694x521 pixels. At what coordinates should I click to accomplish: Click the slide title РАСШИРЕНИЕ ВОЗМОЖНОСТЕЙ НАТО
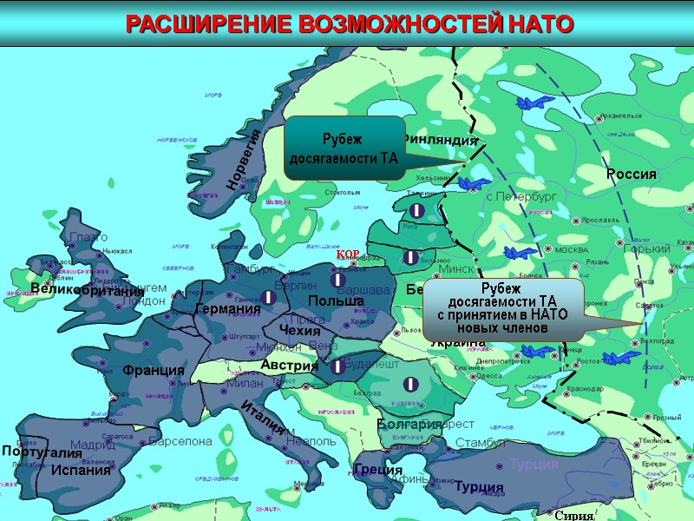(x=350, y=23)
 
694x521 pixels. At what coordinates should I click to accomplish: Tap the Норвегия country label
(x=244, y=159)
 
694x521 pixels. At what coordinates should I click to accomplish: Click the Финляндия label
(x=441, y=139)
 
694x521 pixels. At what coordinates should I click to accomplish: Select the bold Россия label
(x=631, y=175)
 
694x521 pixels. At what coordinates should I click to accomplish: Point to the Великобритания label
(x=87, y=290)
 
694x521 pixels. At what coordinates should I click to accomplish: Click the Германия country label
(x=227, y=309)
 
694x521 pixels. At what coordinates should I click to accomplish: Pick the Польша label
(x=336, y=300)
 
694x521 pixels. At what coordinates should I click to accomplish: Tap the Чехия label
(x=300, y=330)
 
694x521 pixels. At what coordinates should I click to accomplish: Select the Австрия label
(x=290, y=366)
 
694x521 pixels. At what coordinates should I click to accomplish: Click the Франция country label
(x=154, y=370)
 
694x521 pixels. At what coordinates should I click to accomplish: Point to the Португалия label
(x=41, y=452)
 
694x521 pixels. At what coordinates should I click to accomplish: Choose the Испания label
(x=82, y=471)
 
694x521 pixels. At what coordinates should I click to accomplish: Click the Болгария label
(x=409, y=424)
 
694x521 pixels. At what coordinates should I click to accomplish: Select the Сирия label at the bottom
(x=573, y=515)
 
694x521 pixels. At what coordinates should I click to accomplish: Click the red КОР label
(x=348, y=253)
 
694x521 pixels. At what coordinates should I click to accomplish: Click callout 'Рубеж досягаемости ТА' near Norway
(x=344, y=148)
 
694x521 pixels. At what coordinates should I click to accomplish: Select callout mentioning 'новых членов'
(x=502, y=309)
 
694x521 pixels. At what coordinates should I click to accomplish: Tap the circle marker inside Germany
(x=270, y=298)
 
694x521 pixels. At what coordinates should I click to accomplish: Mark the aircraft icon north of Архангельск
(x=534, y=102)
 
